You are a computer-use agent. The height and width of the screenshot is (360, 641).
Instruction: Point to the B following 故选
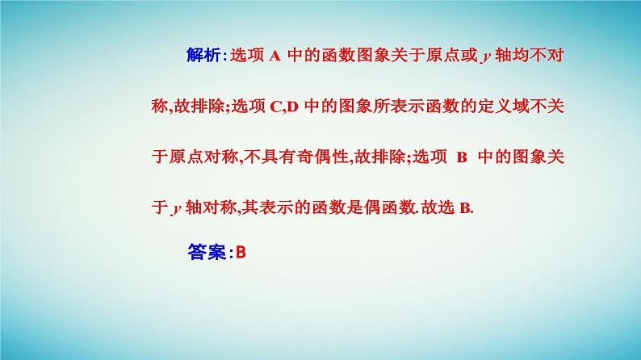(x=464, y=208)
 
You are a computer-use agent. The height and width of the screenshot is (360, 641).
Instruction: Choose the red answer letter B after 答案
(x=240, y=252)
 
